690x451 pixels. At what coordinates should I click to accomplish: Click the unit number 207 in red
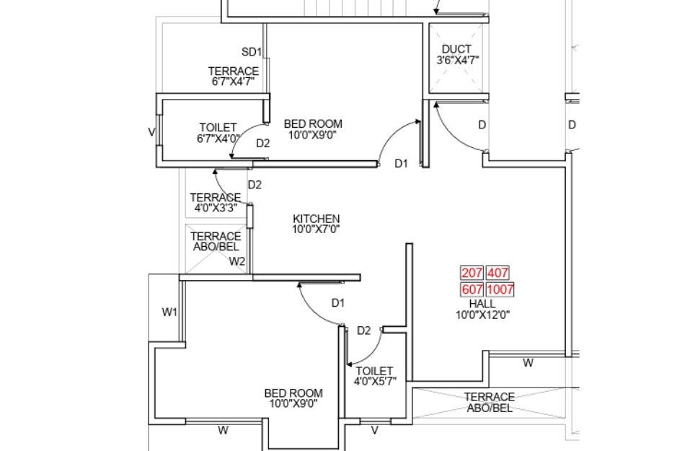point(472,273)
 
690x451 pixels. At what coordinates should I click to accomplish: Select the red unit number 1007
point(500,289)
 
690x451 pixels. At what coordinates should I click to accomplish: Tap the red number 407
point(497,273)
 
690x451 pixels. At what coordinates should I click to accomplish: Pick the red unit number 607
point(472,289)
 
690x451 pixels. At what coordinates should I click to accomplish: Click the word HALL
point(482,304)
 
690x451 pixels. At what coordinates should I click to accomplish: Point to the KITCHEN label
point(317,219)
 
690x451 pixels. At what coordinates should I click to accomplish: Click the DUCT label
point(457,49)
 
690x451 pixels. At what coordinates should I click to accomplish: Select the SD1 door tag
point(252,52)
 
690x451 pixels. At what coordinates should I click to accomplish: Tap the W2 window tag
point(237,262)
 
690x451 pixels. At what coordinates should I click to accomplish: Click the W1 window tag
point(169,312)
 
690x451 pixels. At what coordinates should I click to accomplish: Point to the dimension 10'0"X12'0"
point(483,315)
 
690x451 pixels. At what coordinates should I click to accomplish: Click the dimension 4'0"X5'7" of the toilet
point(375,382)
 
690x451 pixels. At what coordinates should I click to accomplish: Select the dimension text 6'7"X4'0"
point(218,139)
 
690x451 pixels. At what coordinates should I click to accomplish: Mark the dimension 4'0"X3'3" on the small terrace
point(216,207)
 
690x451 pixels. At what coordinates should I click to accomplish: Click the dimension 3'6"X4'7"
point(458,61)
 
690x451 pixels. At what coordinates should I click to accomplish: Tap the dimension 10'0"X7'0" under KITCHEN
point(316,229)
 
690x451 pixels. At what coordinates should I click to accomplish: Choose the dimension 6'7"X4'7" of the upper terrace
point(233,82)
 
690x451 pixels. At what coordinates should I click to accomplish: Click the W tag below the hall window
point(528,364)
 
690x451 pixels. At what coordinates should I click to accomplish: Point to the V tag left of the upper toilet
point(152,132)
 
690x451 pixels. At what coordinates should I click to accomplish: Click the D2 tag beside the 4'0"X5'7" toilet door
point(364,330)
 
